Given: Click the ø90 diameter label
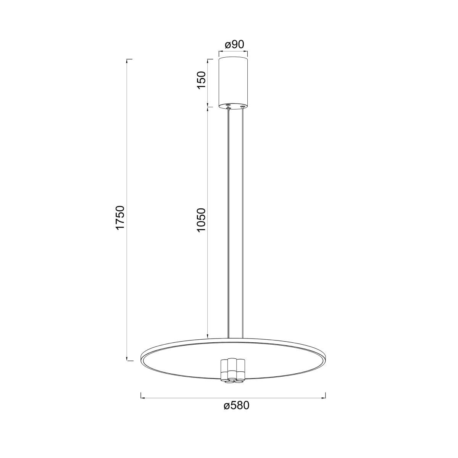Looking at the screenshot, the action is pyautogui.click(x=234, y=45).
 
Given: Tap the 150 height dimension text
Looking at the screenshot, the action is pyautogui.click(x=201, y=80).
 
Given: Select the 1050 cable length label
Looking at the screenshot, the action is pyautogui.click(x=201, y=220).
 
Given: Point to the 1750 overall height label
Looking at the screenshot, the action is pyautogui.click(x=121, y=218).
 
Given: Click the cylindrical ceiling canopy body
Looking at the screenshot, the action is pyautogui.click(x=233, y=83).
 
